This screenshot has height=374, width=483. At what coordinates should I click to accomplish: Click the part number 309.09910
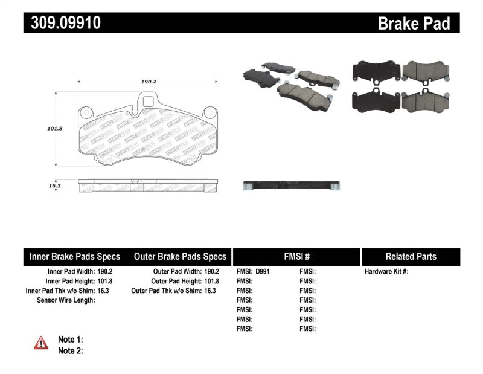[x=62, y=23]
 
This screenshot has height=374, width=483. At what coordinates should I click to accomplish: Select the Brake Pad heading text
[x=414, y=23]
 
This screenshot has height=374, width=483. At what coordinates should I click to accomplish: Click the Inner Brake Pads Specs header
[x=75, y=256]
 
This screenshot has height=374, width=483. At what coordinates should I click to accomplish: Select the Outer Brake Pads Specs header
[x=180, y=256]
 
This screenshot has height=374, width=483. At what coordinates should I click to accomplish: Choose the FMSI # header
[x=296, y=256]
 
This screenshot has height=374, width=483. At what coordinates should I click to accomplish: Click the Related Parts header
[x=411, y=256]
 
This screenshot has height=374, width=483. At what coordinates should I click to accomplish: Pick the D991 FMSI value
[x=263, y=272]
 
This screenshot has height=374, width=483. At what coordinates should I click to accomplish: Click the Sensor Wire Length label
[x=66, y=300]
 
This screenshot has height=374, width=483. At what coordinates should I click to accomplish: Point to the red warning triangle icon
[x=41, y=343]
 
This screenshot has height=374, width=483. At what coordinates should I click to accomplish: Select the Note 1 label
[x=70, y=340]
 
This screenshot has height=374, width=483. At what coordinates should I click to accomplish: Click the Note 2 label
[x=70, y=350]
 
